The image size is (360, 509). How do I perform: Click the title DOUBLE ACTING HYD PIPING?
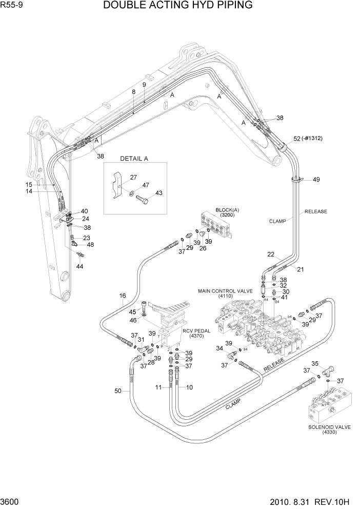click(177, 6)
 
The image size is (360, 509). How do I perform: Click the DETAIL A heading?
click(134, 159)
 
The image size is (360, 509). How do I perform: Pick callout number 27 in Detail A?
click(133, 178)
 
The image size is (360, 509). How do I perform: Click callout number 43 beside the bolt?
click(158, 193)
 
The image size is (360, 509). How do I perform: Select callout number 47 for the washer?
click(146, 185)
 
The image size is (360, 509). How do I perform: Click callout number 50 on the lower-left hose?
click(118, 391)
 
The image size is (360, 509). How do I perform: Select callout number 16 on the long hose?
click(123, 296)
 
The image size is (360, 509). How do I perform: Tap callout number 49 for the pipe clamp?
click(316, 180)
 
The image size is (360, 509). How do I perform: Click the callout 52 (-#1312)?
click(308, 139)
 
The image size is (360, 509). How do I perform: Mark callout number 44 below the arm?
click(79, 266)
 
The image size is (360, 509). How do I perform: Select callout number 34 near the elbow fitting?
click(220, 348)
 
